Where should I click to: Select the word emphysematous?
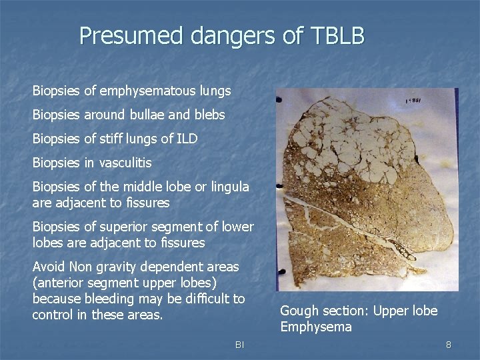(157, 91)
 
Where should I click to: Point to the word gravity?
(112, 267)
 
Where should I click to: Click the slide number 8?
(449, 345)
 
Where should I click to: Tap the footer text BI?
(239, 345)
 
